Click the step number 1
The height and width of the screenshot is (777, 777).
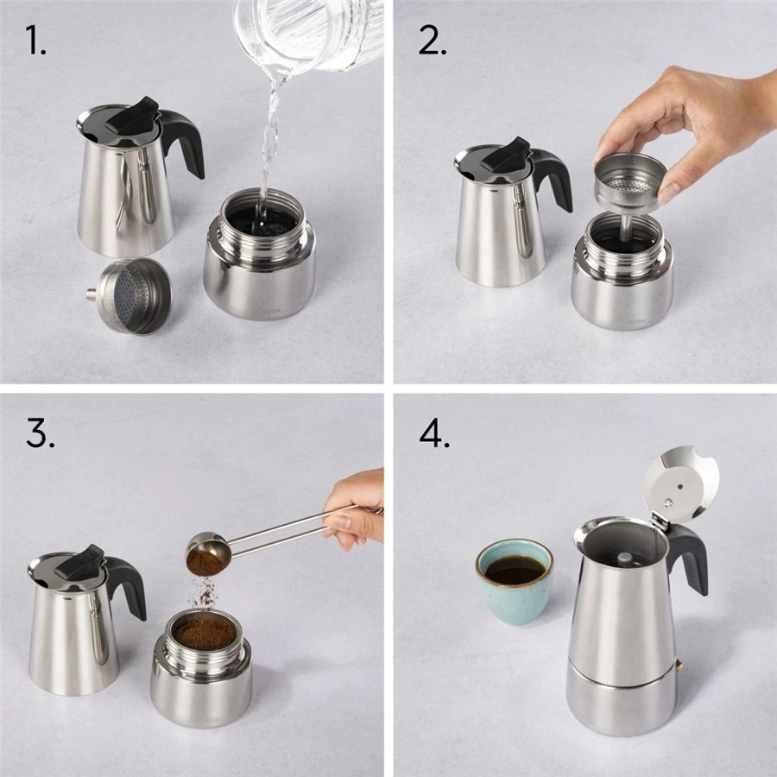pos(35,40)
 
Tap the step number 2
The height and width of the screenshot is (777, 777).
pos(433,40)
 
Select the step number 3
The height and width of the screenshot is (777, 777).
pos(40,433)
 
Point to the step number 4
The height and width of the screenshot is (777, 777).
pos(434,433)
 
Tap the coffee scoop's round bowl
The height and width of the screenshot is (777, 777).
pos(206,554)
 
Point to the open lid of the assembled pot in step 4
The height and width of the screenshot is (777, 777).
pos(681,484)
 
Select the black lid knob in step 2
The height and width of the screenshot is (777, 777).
pos(507,154)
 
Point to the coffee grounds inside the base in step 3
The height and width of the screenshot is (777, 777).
pos(204,632)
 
